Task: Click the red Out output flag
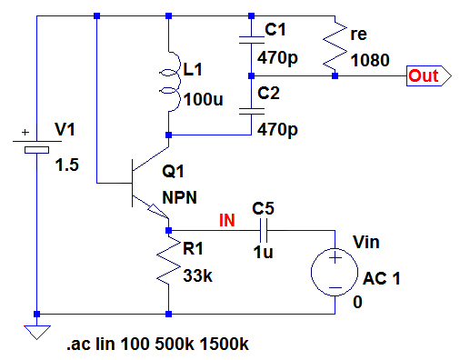point(429,75)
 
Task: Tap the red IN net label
point(227,220)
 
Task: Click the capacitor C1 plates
point(251,40)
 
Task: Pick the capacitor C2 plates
point(251,112)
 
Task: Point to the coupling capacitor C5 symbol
point(264,231)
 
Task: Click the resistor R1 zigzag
point(168,261)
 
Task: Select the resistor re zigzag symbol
point(335,45)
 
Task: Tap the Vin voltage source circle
point(335,272)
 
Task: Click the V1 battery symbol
point(36,145)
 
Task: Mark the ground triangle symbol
point(37,333)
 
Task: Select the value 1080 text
point(370,60)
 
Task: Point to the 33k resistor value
point(198,275)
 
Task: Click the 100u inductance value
point(204,99)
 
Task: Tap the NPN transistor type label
point(180,197)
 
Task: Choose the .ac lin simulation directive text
point(157,344)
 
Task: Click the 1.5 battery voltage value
point(67,165)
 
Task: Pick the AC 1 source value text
point(382,278)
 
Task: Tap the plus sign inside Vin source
point(335,258)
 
